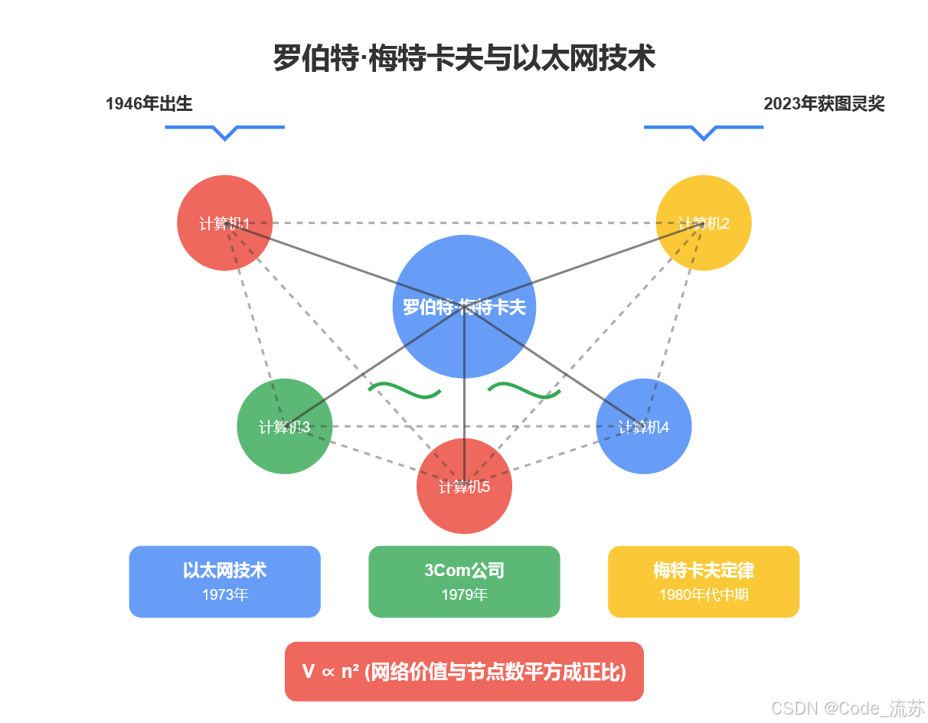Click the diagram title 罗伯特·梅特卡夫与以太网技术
point(464,59)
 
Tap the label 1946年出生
point(149,104)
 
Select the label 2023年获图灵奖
point(824,104)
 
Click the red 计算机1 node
point(224,223)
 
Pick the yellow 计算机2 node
point(704,223)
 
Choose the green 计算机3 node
point(284,426)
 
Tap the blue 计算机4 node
point(644,426)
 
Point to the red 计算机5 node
point(464,487)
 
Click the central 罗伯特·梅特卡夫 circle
point(464,306)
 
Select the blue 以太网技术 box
point(224,581)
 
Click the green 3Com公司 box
point(464,581)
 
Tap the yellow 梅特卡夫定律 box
point(704,581)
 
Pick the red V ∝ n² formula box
point(464,671)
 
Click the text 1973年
point(224,594)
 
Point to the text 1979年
point(464,594)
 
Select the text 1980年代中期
point(704,594)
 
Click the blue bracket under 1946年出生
point(224,130)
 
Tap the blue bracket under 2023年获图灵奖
point(704,130)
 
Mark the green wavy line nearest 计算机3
point(404,390)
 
